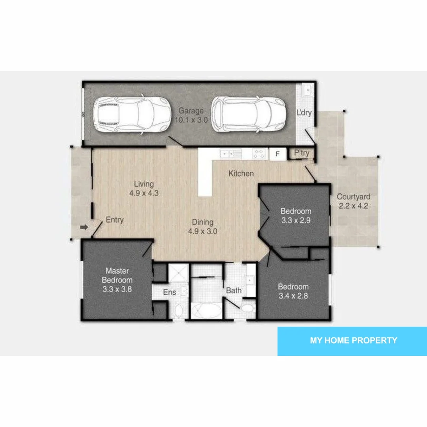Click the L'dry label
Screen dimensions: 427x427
304,113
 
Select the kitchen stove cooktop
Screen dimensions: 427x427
259,154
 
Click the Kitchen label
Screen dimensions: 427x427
241,174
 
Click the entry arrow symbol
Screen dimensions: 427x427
83,227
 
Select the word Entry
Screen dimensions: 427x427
115,220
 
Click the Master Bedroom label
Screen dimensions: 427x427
117,280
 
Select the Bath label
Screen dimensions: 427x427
234,291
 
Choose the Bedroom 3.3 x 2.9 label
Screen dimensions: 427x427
296,216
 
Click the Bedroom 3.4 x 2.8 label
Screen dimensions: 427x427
293,291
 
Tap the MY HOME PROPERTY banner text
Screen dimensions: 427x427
353,340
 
